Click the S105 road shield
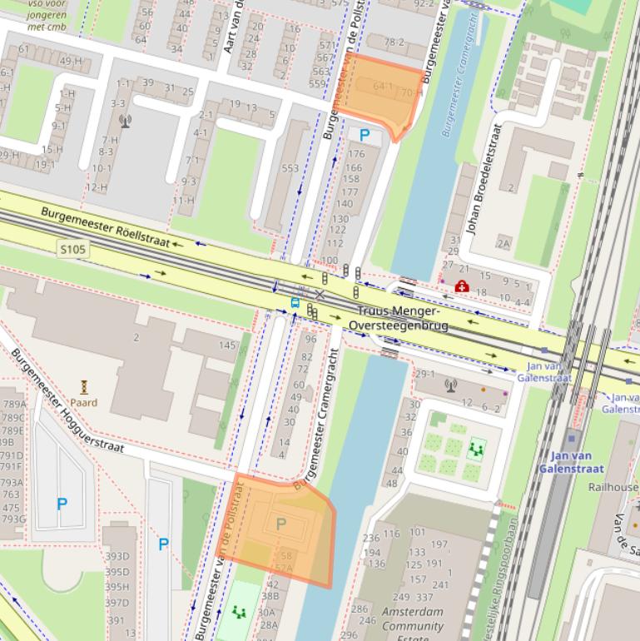(73, 249)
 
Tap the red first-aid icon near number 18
(461, 286)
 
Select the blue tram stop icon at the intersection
(295, 303)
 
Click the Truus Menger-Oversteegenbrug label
(399, 318)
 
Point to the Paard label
(84, 402)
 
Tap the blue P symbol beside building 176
(364, 135)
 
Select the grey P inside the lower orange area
(280, 524)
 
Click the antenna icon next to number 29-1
(450, 385)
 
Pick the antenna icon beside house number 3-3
(126, 121)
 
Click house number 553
(290, 169)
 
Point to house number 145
(227, 345)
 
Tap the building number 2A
(504, 243)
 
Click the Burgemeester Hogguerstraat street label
(67, 402)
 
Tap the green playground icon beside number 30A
(239, 614)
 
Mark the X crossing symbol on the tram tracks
(320, 294)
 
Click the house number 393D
(117, 556)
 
